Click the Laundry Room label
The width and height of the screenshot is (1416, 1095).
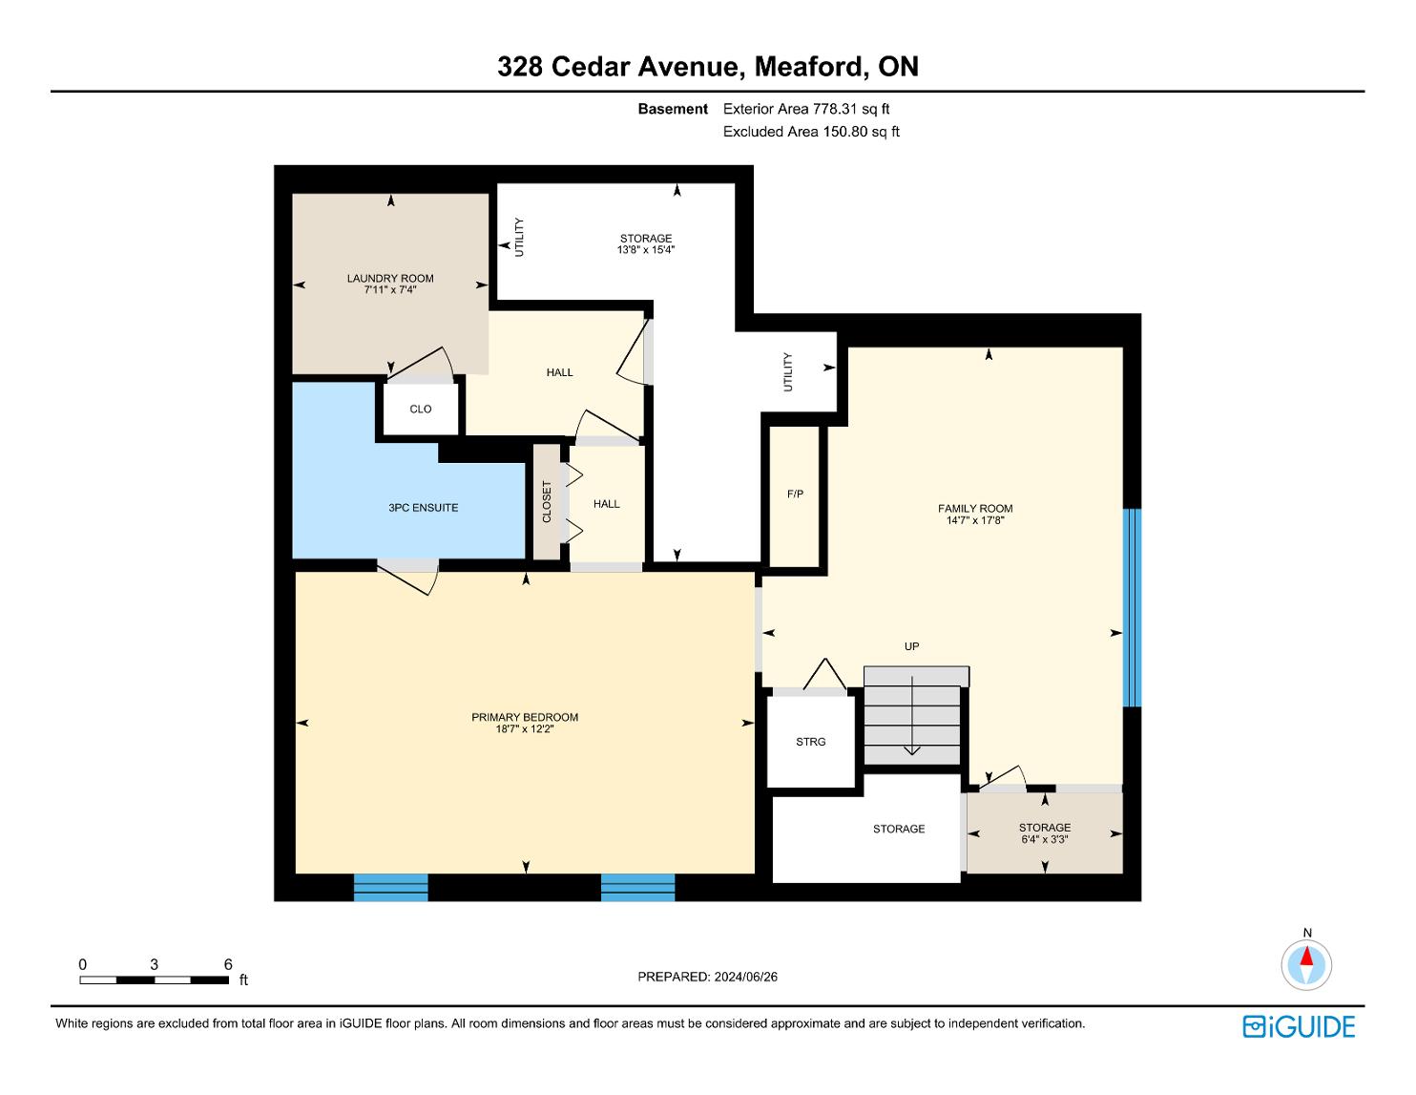coord(389,279)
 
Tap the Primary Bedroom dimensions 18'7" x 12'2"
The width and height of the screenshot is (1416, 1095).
coord(525,728)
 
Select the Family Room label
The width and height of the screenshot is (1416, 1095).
coord(975,509)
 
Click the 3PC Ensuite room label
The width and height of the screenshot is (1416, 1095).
coord(423,508)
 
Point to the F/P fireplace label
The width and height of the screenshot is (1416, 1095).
coord(795,495)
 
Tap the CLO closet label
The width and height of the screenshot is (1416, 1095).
coord(420,409)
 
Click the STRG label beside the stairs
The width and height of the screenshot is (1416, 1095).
coord(811,742)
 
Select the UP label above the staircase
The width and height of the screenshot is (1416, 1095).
coord(911,646)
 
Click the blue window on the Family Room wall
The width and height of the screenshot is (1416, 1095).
coord(1134,607)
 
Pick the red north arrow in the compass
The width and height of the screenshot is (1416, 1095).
coord(1306,957)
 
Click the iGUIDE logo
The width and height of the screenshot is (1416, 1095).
coord(1299,1026)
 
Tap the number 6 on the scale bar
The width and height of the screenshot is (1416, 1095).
coord(228,964)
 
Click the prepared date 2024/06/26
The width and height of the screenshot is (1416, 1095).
coord(745,977)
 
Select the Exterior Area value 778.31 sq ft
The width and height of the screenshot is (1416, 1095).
coord(850,109)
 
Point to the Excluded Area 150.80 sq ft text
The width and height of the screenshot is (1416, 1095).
coord(811,132)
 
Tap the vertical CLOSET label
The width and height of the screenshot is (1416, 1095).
coord(547,502)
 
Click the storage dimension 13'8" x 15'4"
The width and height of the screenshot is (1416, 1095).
coord(646,249)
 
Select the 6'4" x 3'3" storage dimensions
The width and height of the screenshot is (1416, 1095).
coord(1045,839)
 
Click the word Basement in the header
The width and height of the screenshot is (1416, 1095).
coord(673,109)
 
